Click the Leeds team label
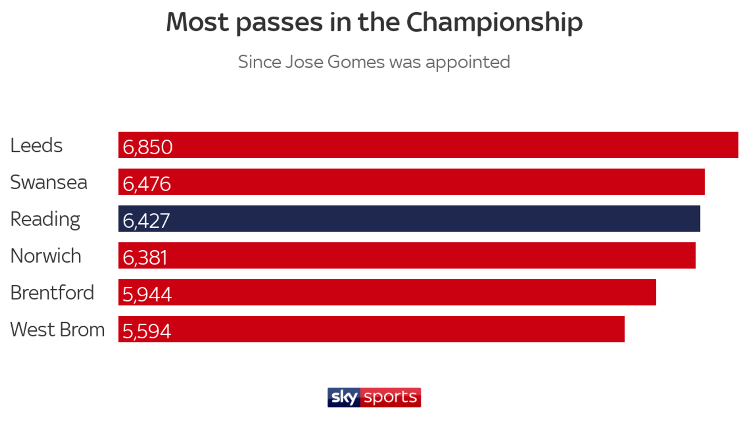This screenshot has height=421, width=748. click(x=36, y=145)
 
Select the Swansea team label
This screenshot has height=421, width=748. click(x=49, y=182)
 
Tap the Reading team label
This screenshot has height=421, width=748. click(x=45, y=219)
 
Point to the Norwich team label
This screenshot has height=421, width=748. click(x=46, y=256)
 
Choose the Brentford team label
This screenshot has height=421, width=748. click(x=52, y=293)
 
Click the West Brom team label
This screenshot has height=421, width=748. click(x=57, y=330)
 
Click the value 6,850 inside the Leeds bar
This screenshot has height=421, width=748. click(x=147, y=147)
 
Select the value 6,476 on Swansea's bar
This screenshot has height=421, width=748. click(x=146, y=184)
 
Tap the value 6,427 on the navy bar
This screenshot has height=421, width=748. click(x=146, y=221)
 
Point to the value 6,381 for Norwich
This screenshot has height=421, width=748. click(x=145, y=258)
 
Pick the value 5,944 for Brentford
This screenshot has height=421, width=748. click(x=147, y=295)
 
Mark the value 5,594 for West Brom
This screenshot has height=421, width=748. click(x=146, y=331)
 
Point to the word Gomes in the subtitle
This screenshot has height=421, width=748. click(x=356, y=62)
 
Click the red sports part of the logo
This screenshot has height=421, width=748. click(x=390, y=397)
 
